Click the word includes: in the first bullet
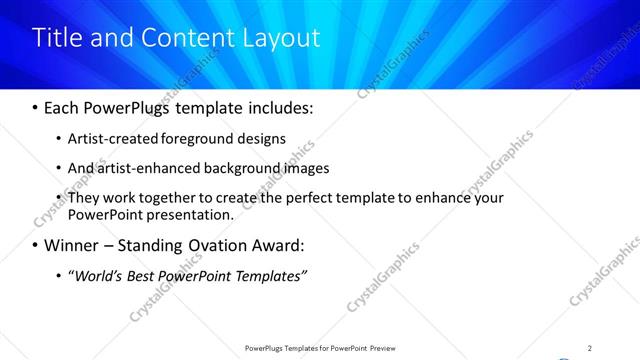click(x=278, y=106)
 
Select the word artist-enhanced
click(x=149, y=168)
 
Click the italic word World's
click(x=96, y=275)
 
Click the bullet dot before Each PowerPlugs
click(x=36, y=107)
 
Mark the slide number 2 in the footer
click(x=590, y=348)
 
